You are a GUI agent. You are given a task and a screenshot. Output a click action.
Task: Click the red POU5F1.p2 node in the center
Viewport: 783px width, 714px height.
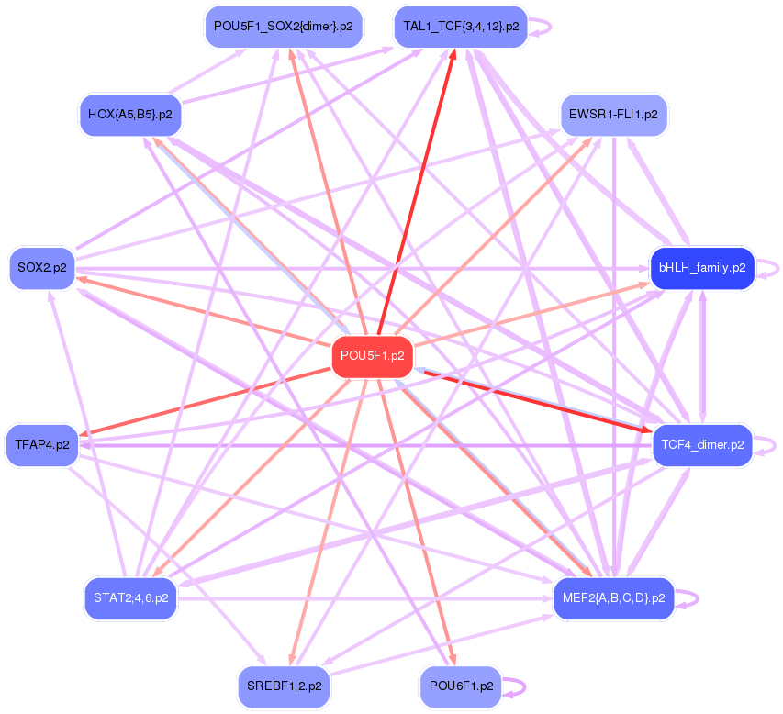[x=372, y=355]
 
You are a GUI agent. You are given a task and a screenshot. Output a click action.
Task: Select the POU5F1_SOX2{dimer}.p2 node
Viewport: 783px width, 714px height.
[x=283, y=27]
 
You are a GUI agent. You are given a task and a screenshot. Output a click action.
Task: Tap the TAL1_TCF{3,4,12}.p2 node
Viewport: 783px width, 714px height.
[x=460, y=27]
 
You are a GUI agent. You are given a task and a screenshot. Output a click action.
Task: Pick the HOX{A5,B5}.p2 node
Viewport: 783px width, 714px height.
[x=129, y=115]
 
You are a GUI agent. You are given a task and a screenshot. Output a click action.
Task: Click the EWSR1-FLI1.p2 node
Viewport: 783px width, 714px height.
[x=613, y=115]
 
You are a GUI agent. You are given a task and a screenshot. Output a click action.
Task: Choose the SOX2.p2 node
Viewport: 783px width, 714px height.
[x=41, y=268]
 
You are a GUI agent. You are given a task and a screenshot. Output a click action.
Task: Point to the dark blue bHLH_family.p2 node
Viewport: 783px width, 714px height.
[x=701, y=268]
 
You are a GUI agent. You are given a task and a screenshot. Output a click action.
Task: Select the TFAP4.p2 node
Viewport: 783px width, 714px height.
[x=41, y=445]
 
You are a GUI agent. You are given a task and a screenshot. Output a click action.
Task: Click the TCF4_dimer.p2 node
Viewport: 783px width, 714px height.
[x=701, y=445]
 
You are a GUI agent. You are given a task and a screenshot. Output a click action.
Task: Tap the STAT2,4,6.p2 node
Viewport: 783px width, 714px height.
[x=130, y=598]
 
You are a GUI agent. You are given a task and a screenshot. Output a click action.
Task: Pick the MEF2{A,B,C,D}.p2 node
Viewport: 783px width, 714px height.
[x=613, y=598]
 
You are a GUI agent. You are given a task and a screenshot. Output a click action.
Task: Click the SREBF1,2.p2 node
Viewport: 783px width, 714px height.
[x=283, y=686]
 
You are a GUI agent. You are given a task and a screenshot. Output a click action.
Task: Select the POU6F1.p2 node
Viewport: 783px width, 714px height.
[x=460, y=686]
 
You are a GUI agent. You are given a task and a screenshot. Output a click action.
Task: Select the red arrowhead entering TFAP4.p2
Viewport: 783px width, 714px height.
[x=84, y=434]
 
